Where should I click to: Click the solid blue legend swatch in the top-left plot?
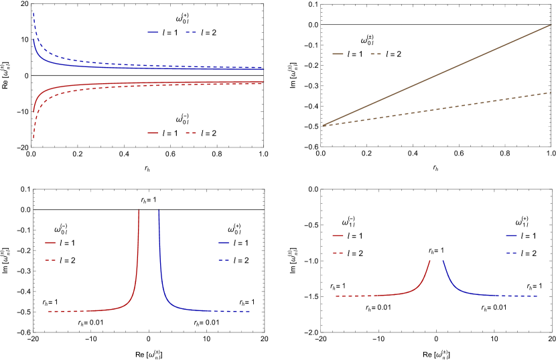pos(153,32)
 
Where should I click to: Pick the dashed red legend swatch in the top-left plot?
pos(191,133)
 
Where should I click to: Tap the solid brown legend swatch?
pos(338,54)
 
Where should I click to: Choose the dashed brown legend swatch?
pos(376,54)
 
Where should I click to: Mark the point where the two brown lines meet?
pos(324,125)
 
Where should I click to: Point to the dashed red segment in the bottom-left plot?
pos(67,311)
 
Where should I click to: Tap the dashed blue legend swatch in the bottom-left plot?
pos(224,260)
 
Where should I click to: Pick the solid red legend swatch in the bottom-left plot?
pos(50,243)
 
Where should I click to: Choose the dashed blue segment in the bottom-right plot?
pos(523,296)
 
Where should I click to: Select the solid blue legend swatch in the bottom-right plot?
pos(511,236)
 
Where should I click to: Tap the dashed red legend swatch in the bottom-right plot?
pos(338,253)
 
